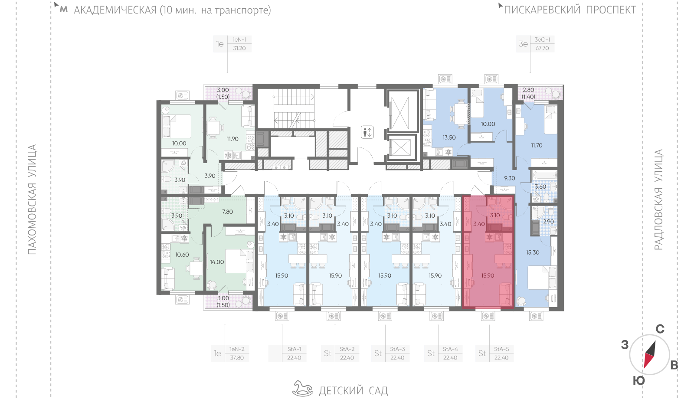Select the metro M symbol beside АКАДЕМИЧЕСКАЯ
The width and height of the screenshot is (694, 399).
(63, 10)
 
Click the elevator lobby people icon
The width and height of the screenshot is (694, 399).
(367, 132)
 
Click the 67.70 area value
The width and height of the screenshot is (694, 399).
(542, 48)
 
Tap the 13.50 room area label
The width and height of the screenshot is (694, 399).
(449, 137)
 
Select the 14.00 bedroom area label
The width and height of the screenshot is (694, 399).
(217, 262)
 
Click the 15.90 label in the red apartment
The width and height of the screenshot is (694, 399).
(488, 275)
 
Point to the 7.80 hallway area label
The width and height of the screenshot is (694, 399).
(227, 212)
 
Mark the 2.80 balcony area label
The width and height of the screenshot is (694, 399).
(528, 90)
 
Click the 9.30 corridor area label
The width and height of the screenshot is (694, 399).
(510, 178)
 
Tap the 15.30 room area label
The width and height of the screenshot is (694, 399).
(533, 252)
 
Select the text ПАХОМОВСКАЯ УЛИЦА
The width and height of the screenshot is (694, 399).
(32, 199)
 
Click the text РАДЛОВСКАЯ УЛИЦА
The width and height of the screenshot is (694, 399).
(658, 199)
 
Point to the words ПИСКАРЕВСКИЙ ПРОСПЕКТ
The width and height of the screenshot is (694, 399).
(570, 10)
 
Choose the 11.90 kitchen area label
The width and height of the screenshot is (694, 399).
(232, 139)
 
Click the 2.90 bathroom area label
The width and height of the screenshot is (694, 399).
(548, 222)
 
